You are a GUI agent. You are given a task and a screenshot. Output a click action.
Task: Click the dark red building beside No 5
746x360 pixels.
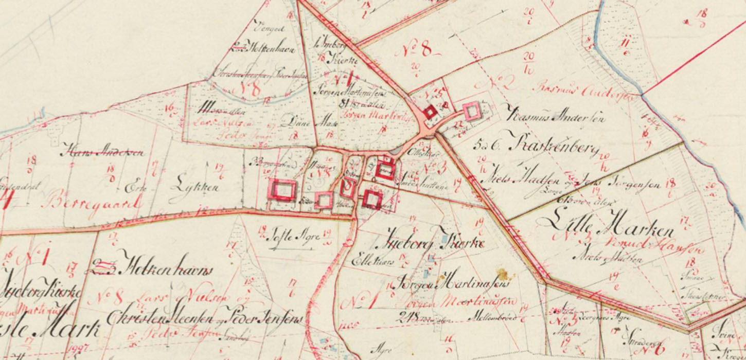[x=430, y=111]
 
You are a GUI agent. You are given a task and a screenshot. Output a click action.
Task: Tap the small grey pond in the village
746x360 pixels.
[x=397, y=150]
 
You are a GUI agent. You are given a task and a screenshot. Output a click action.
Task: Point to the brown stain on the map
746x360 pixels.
[x=502, y=274]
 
